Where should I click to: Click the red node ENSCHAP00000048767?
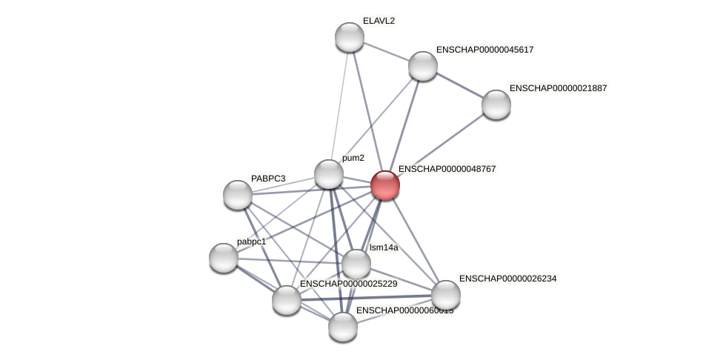pyautogui.click(x=385, y=185)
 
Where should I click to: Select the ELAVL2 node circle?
pyautogui.click(x=350, y=37)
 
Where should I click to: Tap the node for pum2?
pyautogui.click(x=329, y=174)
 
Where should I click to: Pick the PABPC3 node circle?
pyautogui.click(x=238, y=195)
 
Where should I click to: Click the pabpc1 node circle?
pyautogui.click(x=224, y=258)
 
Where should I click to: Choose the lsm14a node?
pyautogui.click(x=356, y=264)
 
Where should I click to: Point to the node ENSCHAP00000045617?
pyautogui.click(x=423, y=66)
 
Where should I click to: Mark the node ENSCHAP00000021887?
pyautogui.click(x=496, y=104)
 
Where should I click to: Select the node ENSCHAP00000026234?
pyautogui.click(x=446, y=295)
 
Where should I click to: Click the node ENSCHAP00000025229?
pyautogui.click(x=287, y=300)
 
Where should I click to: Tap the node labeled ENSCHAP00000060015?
pyautogui.click(x=343, y=327)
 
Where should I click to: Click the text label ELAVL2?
pyautogui.click(x=379, y=21)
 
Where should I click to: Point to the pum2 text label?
pyautogui.click(x=353, y=158)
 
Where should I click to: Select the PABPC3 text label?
pyautogui.click(x=267, y=179)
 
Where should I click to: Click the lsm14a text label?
pyautogui.click(x=384, y=247)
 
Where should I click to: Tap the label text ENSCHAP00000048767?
pyautogui.click(x=447, y=169)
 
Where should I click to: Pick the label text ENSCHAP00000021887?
pyautogui.click(x=558, y=88)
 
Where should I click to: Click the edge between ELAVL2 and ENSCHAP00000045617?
pyautogui.click(x=386, y=51)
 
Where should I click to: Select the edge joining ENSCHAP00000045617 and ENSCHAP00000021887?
pyautogui.click(x=459, y=85)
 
